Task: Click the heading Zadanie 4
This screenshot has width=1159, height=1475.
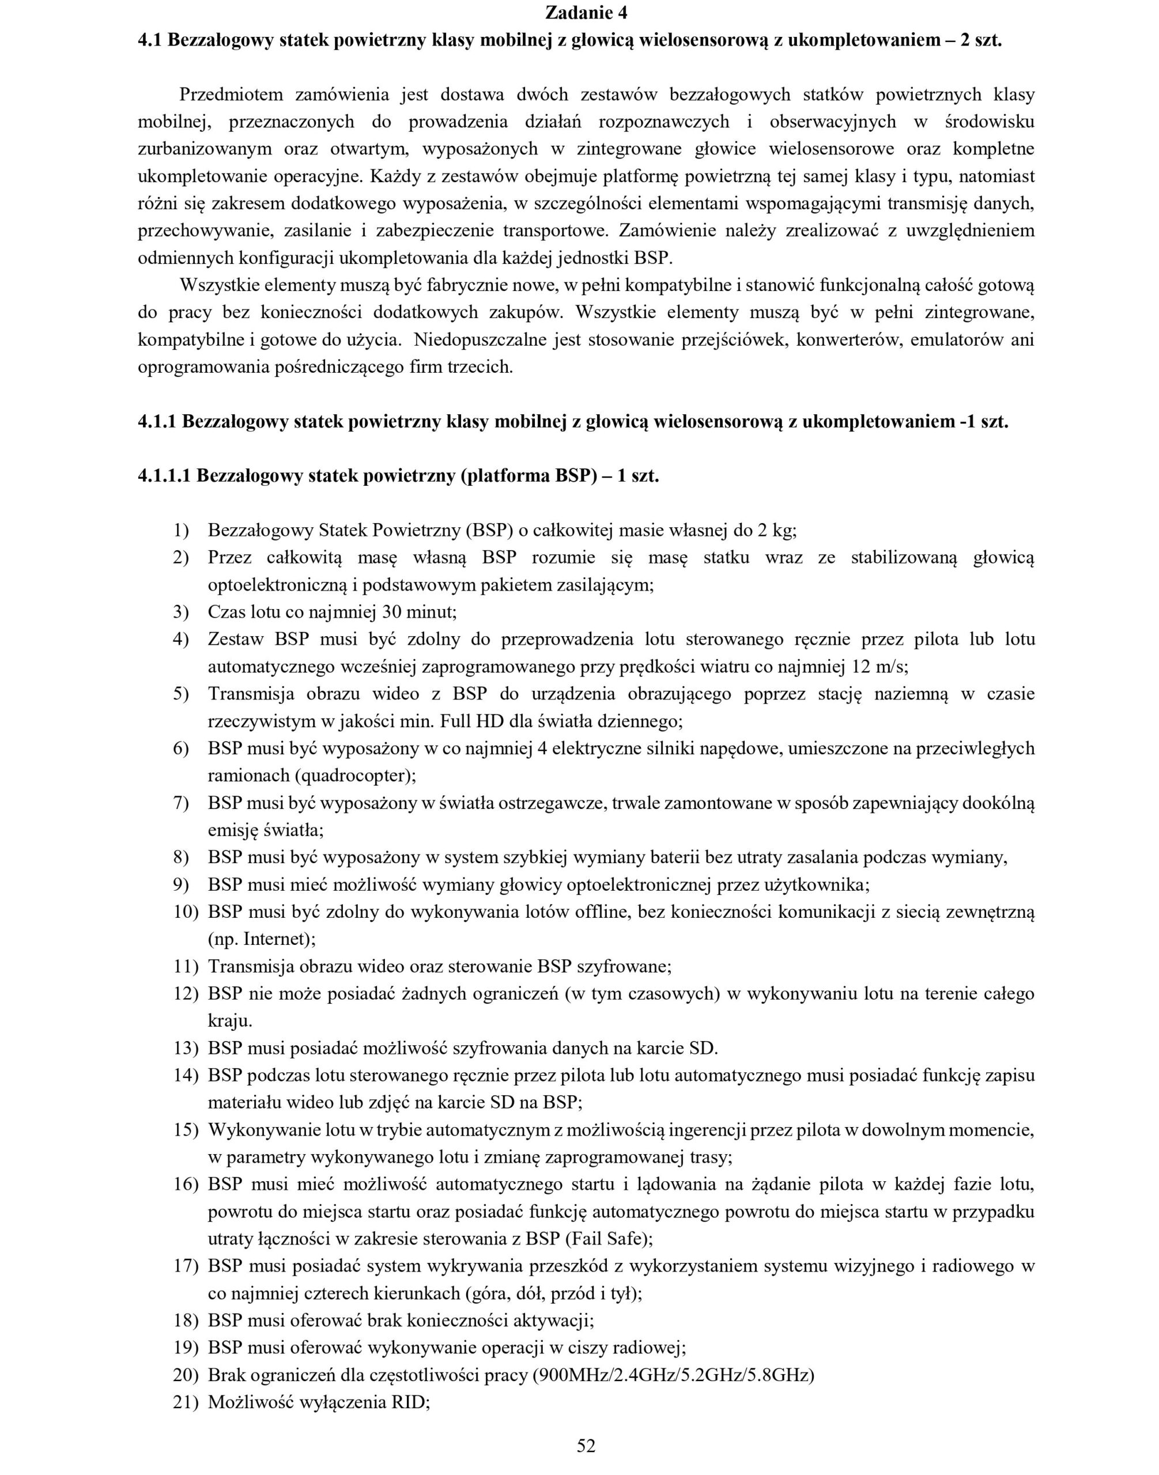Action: [586, 13]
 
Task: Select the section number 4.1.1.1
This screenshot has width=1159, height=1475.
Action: [164, 475]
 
